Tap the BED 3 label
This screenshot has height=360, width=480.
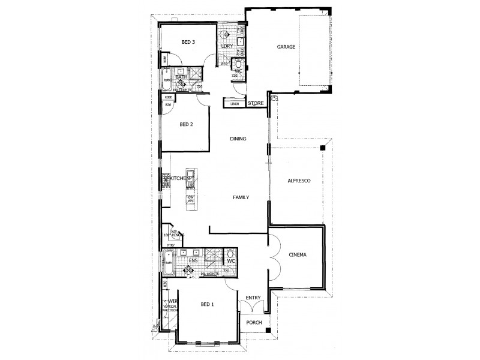188,42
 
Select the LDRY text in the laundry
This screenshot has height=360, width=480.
226,46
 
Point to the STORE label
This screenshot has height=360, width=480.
255,103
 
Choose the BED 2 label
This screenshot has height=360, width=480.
187,125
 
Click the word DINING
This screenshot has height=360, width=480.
238,139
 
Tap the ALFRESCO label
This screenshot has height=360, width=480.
298,180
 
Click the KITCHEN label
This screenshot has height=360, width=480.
180,179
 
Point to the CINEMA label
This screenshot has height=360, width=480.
297,255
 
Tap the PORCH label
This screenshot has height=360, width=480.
254,329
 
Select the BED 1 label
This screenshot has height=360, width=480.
207,305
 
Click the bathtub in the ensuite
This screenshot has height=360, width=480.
168,262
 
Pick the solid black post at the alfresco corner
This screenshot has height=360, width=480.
323,146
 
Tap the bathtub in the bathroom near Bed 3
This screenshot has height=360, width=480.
166,77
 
